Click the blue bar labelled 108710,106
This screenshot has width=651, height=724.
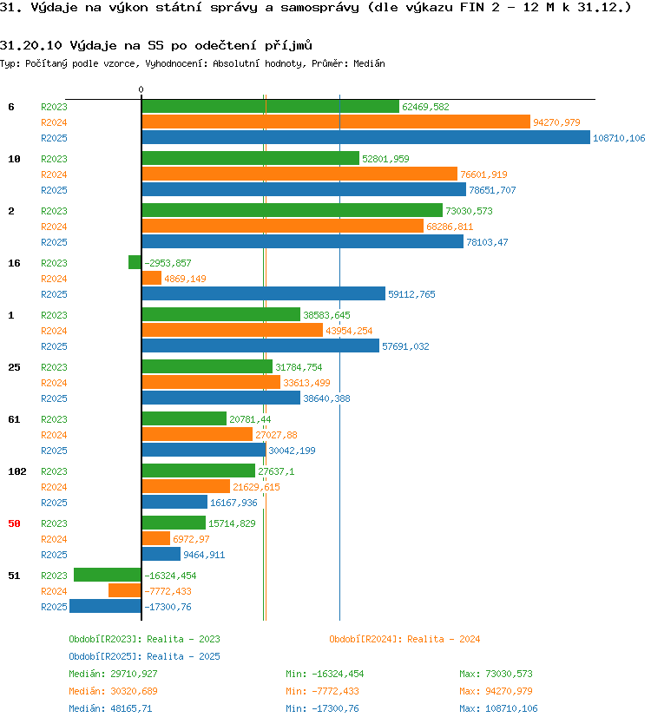pos(365,137)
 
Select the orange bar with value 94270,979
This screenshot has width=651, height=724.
pos(336,122)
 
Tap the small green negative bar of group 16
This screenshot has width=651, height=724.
pos(135,262)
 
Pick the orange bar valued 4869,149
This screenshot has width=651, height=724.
pos(151,278)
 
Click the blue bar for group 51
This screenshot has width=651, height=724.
pos(105,606)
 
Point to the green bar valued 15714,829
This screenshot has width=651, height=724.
pos(174,523)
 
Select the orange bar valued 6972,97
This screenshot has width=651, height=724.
pos(156,538)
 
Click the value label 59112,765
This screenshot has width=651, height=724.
pos(411,294)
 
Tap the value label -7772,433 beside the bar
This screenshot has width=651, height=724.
pos(168,591)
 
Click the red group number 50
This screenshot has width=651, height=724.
pos(14,523)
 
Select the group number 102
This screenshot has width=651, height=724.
pos(17,471)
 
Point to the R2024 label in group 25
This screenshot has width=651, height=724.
pos(54,383)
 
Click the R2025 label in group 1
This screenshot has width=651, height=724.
pos(54,346)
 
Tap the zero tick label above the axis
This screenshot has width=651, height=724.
pos(141,89)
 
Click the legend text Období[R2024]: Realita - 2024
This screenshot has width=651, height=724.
pos(404,639)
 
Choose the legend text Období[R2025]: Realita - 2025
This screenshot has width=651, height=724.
pos(144,656)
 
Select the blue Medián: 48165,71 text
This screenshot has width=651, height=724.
pos(110,708)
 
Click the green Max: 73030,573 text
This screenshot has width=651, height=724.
pos(496,674)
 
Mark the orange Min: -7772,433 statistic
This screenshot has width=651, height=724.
pos(322,691)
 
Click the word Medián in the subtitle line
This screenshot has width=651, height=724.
pos(370,63)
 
